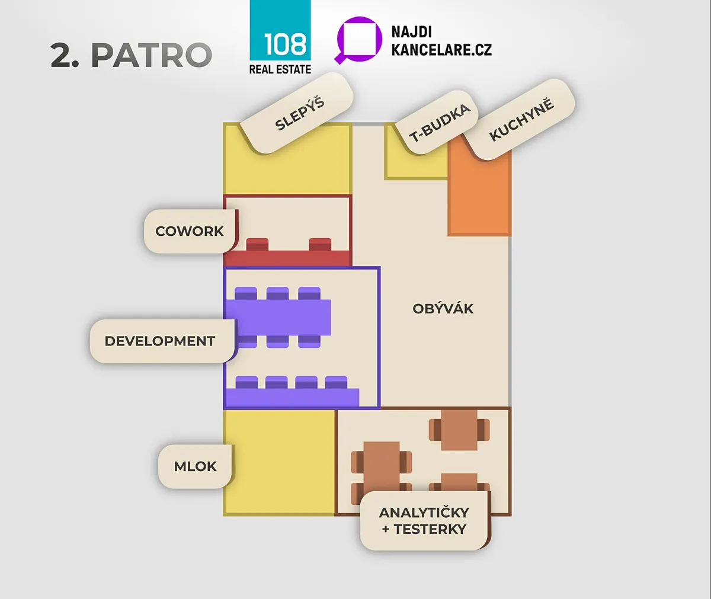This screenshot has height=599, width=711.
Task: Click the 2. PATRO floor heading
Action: click(132, 55)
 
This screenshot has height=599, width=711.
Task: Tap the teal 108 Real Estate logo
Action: click(280, 37)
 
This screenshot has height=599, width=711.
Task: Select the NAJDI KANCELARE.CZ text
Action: click(441, 41)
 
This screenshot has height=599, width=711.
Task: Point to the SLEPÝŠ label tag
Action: click(297, 113)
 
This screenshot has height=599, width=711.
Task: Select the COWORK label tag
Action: click(190, 231)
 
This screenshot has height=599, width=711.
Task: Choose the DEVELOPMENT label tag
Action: click(163, 341)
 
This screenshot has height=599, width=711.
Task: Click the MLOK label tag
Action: click(196, 466)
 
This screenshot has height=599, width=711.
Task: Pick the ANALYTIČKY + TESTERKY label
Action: click(425, 521)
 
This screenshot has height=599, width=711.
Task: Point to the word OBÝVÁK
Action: click(443, 309)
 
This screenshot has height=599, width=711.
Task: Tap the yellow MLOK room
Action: click(279, 463)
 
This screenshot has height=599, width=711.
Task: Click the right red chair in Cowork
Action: click(320, 245)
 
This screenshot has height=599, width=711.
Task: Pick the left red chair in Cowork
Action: click(257, 245)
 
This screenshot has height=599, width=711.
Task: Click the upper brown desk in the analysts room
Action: click(459, 430)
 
